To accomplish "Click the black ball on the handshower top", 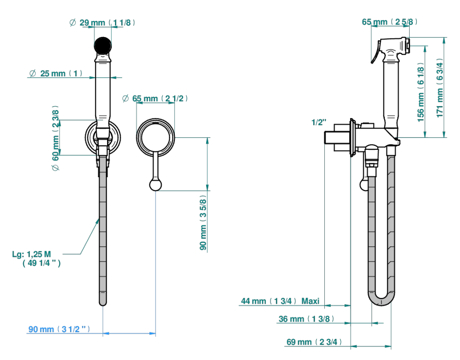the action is (x=103, y=45).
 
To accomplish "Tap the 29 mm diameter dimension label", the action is (x=102, y=22).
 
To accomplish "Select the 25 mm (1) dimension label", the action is (x=56, y=73).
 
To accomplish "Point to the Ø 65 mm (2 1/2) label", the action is (x=155, y=98).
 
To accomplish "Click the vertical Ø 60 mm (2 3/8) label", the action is (x=56, y=138).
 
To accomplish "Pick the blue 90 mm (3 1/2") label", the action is (x=59, y=329).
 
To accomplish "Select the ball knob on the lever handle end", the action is (x=156, y=185).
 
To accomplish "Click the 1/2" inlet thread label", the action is (x=319, y=122).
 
